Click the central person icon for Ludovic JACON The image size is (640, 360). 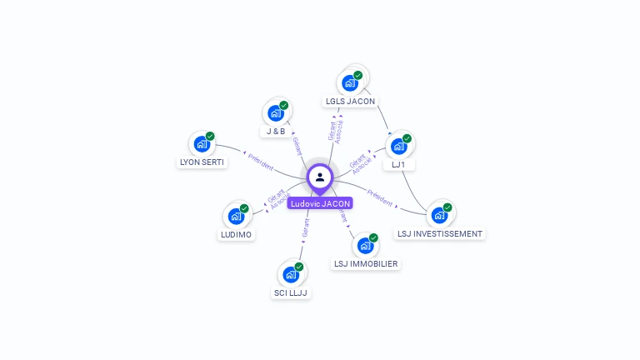(x=320, y=177)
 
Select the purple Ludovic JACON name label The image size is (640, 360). (x=320, y=203)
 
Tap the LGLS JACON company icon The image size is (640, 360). (x=350, y=83)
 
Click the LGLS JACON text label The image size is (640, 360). (x=350, y=102)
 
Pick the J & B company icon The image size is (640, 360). (x=276, y=113)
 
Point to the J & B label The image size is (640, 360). (x=276, y=132)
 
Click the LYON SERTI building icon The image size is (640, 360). (x=202, y=143)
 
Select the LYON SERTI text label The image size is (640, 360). (x=202, y=162)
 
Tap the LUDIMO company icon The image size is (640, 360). (x=236, y=216)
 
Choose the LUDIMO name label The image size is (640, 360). (x=236, y=234)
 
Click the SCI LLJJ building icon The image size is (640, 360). (x=291, y=274)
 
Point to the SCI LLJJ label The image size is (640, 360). (x=291, y=292)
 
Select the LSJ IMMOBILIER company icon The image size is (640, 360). (x=365, y=246)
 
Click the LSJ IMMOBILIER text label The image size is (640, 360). (x=365, y=264)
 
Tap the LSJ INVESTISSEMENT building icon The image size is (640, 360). (x=439, y=215)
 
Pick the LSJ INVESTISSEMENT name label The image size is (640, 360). (x=439, y=234)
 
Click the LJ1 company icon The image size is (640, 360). (x=398, y=146)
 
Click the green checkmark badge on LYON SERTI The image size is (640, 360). (x=210, y=136)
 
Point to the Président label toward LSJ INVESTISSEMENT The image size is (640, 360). (x=380, y=197)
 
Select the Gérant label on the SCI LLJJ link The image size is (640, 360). (x=306, y=229)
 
